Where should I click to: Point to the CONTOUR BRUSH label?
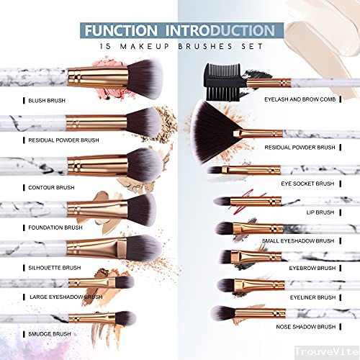point(53,186)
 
